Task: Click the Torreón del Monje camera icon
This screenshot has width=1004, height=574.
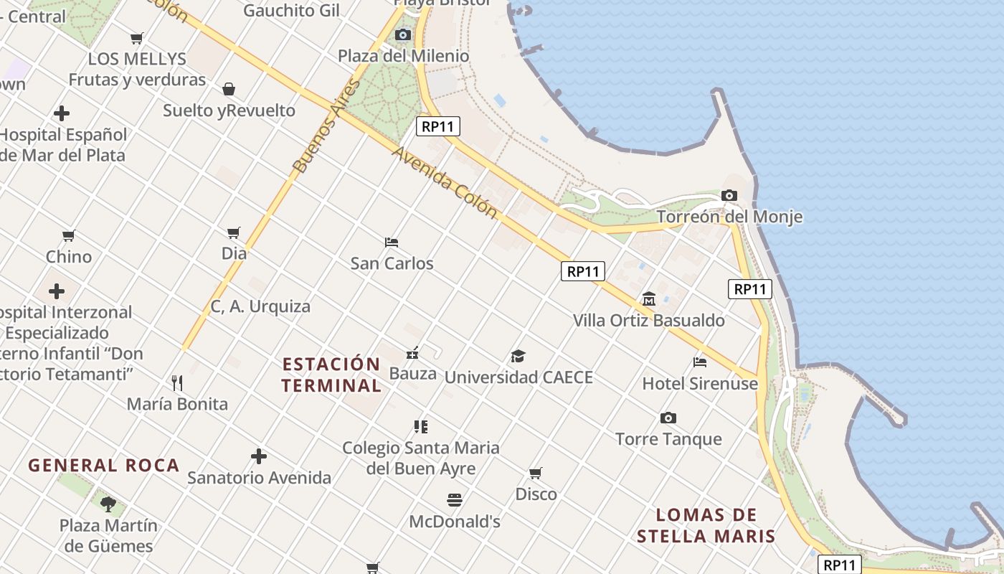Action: pyautogui.click(x=729, y=195)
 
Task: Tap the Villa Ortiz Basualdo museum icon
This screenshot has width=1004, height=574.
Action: pyautogui.click(x=649, y=298)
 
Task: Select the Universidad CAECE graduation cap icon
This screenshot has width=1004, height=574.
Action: pyautogui.click(x=518, y=356)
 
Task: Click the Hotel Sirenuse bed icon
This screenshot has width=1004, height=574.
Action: pyautogui.click(x=700, y=362)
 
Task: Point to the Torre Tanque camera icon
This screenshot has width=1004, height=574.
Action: pyautogui.click(x=668, y=418)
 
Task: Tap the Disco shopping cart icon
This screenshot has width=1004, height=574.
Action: pyautogui.click(x=536, y=473)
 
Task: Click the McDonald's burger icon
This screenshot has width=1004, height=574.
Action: pyautogui.click(x=455, y=499)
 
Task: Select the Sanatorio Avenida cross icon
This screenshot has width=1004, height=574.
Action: pyautogui.click(x=259, y=456)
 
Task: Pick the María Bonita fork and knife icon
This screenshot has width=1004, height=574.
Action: pyautogui.click(x=177, y=382)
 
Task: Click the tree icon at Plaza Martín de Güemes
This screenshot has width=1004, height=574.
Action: pyautogui.click(x=108, y=504)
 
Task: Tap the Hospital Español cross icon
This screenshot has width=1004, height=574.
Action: pyautogui.click(x=62, y=113)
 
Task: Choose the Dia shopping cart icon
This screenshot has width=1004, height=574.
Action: pyautogui.click(x=233, y=232)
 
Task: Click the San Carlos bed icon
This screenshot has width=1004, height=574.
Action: pyautogui.click(x=392, y=243)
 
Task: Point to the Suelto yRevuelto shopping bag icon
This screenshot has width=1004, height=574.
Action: pyautogui.click(x=229, y=89)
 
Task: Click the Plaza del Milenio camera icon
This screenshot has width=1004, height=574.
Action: pyautogui.click(x=403, y=34)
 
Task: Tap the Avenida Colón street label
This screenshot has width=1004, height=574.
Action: pyautogui.click(x=445, y=183)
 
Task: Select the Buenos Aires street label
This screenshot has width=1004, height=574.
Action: pyautogui.click(x=325, y=127)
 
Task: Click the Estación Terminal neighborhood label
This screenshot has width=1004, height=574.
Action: pyautogui.click(x=331, y=375)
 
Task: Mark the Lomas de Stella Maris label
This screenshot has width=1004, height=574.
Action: pyautogui.click(x=706, y=525)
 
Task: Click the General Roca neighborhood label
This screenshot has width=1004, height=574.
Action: pyautogui.click(x=103, y=465)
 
